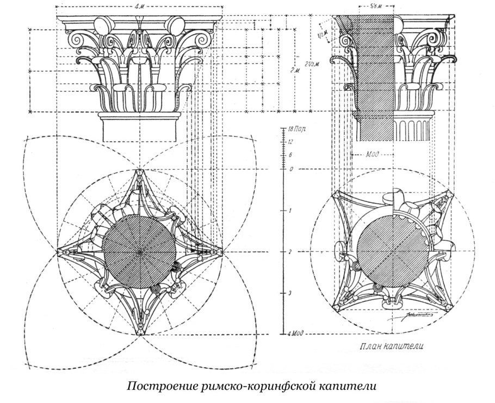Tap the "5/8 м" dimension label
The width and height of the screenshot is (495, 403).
(374, 7)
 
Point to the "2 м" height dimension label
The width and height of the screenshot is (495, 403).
(294, 70)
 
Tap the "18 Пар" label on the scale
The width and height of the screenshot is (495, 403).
(296, 130)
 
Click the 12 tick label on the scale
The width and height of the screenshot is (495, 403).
(292, 141)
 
